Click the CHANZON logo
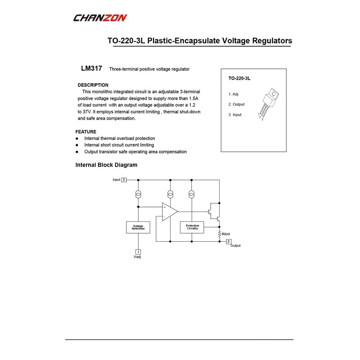(x=100, y=18)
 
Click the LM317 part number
(x=91, y=69)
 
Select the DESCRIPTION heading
(x=93, y=85)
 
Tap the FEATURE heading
(x=85, y=132)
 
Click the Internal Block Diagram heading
(x=106, y=165)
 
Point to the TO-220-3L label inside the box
(x=239, y=78)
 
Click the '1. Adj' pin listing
(x=234, y=94)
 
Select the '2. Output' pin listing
(x=236, y=104)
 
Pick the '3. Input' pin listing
(x=235, y=115)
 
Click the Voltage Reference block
(x=138, y=228)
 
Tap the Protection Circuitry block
(x=192, y=228)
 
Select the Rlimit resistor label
(x=226, y=234)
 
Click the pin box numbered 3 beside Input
(x=124, y=180)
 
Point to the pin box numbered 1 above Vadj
(x=138, y=252)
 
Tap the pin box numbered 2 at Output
(x=228, y=241)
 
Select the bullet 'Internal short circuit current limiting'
(x=119, y=145)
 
